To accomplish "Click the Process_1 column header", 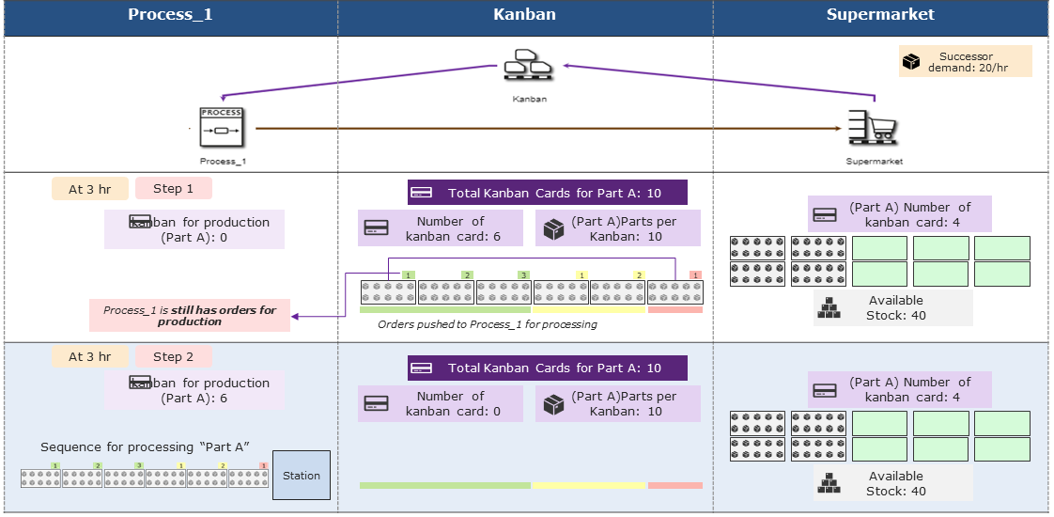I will (x=170, y=14).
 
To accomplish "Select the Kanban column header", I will (x=524, y=14).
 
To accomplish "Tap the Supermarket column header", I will (x=880, y=14).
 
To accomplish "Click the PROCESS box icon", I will (x=222, y=128).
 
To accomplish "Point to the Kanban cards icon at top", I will (x=524, y=70).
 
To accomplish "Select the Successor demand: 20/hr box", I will (x=965, y=61).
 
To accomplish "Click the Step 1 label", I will (x=173, y=188).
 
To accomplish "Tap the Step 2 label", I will (x=173, y=356).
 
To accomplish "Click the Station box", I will (x=302, y=475).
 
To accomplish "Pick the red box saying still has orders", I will (x=190, y=315).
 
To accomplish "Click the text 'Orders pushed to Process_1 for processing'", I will (x=487, y=324).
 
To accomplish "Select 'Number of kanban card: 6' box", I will (x=441, y=228).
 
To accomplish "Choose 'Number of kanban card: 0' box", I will (x=441, y=403).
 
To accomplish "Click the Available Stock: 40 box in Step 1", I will (x=892, y=307).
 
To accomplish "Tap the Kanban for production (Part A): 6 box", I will (x=194, y=390).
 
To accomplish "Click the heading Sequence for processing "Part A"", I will (x=145, y=447).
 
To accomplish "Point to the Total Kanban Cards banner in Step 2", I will (x=548, y=368).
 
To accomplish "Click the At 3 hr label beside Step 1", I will (x=89, y=189).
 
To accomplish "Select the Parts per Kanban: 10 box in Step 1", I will (x=618, y=228).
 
